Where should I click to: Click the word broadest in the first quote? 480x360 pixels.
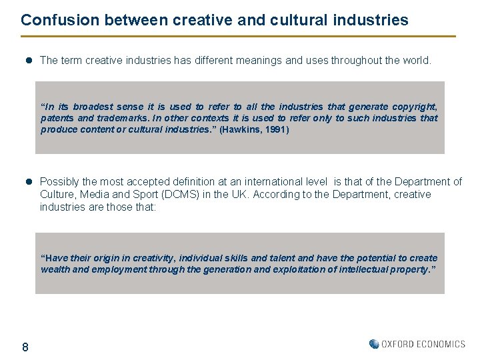coord(93,107)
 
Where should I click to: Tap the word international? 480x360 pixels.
coord(274,182)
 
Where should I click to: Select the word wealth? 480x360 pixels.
coord(56,269)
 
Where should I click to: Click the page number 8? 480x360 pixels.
coord(25,347)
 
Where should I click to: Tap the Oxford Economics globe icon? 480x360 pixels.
coord(374,344)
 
